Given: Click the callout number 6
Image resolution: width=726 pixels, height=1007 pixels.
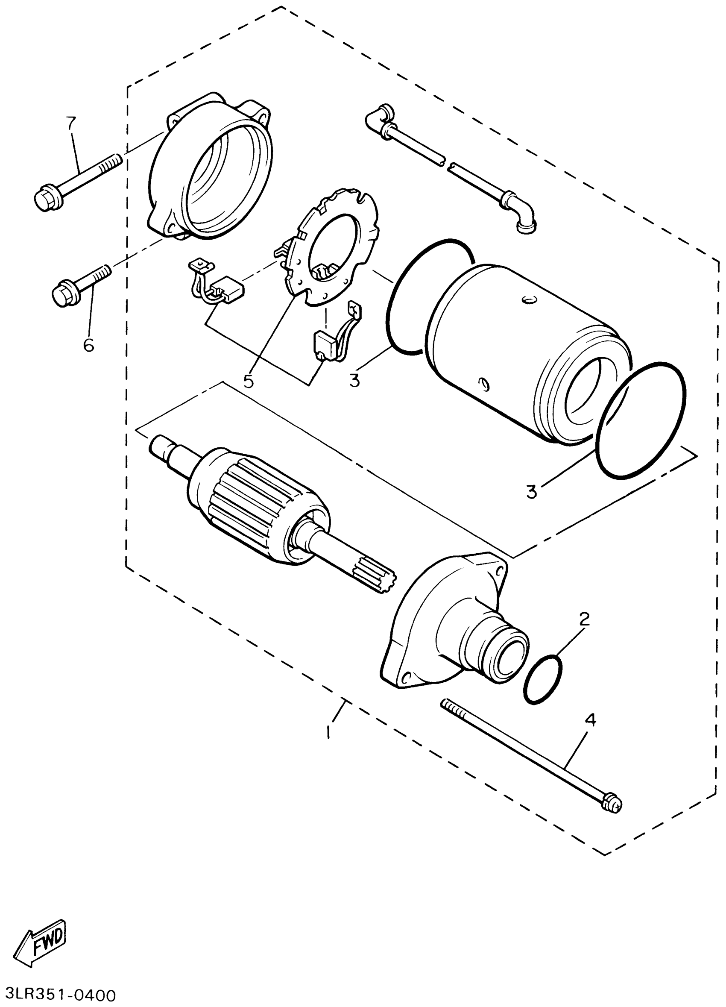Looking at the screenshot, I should point(88,344).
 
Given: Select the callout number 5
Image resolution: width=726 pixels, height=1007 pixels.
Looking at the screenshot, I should point(248,381).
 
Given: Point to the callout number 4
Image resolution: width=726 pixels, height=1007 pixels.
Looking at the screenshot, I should point(590,720).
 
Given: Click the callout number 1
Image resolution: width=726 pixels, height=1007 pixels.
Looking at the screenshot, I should point(328,731).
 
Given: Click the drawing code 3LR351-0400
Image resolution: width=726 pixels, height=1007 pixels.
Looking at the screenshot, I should point(58,995).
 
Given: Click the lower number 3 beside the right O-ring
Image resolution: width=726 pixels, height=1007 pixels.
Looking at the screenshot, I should point(531,491).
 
